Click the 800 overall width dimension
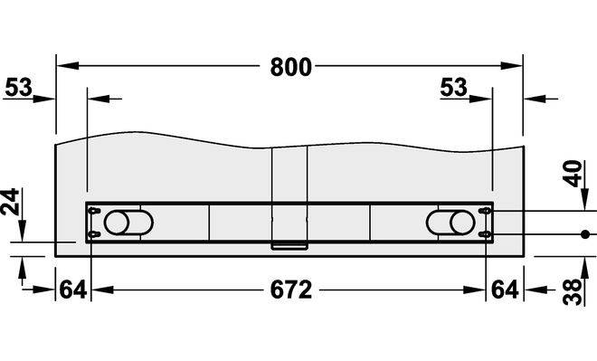point(291,67)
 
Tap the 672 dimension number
point(291,290)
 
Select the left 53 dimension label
point(18,87)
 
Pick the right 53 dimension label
point(453,87)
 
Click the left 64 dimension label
point(73,290)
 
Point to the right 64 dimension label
point(505,290)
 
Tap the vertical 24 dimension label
point(10,202)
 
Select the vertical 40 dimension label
point(573,174)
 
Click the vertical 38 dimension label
point(573,292)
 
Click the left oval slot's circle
point(117,223)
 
